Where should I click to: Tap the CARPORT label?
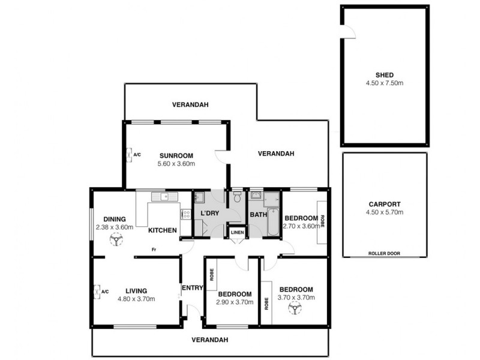385,203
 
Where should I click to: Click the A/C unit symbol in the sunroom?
130,154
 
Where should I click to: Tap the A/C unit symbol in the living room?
98,292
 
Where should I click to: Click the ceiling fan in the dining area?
115,240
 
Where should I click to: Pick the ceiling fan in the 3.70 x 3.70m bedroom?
295,308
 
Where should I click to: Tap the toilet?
238,196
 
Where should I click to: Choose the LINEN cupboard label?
237,233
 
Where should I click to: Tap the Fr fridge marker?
154,250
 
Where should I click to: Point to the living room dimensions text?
137,299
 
